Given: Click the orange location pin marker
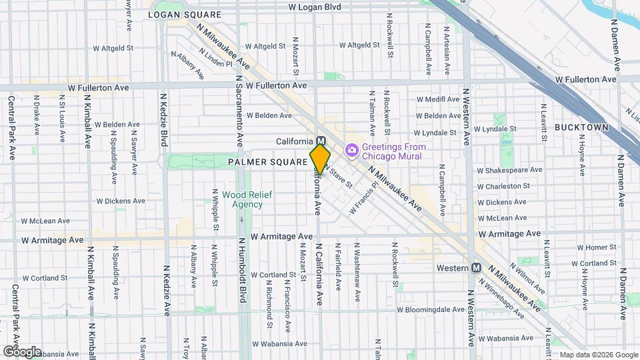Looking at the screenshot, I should [320, 159].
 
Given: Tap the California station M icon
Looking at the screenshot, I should [321, 141].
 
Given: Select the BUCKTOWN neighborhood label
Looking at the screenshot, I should [581, 127].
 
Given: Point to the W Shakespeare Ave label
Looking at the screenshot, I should [511, 171].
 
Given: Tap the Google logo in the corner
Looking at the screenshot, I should [21, 351].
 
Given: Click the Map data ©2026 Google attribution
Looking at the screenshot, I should [598, 355].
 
